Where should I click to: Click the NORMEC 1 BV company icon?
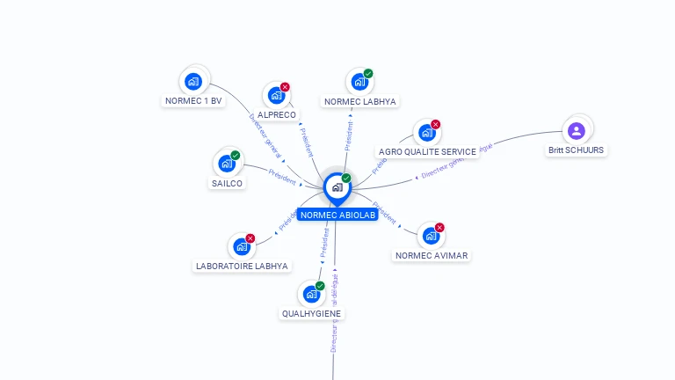tap(194, 82)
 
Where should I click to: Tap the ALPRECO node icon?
tap(276, 96)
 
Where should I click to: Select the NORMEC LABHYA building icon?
tap(359, 82)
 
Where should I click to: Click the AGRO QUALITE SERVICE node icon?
tap(426, 133)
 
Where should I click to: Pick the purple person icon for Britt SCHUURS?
tap(577, 131)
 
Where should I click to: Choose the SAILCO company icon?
tap(227, 164)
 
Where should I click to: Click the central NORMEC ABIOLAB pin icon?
tap(337, 187)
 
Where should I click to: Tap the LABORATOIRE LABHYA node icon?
tap(242, 246)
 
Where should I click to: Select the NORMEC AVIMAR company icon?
tap(431, 236)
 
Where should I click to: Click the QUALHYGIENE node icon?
tap(311, 295)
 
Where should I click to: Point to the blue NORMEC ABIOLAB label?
tap(337, 215)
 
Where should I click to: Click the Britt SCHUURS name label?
tap(577, 150)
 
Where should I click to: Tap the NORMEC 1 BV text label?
tap(194, 101)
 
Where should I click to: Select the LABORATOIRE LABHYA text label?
tap(242, 266)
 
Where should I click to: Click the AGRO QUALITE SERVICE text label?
tap(426, 151)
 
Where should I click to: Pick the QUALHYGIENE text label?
tap(312, 313)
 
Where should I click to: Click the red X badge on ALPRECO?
tap(285, 87)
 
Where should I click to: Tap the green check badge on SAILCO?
tap(236, 156)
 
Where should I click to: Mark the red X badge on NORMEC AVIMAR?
tap(439, 227)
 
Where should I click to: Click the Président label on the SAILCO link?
tap(282, 177)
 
